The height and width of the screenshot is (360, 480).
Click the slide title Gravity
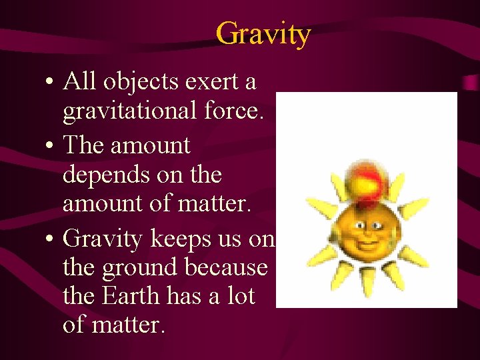pyautogui.click(x=263, y=33)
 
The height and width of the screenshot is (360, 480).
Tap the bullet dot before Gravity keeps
pyautogui.click(x=51, y=238)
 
